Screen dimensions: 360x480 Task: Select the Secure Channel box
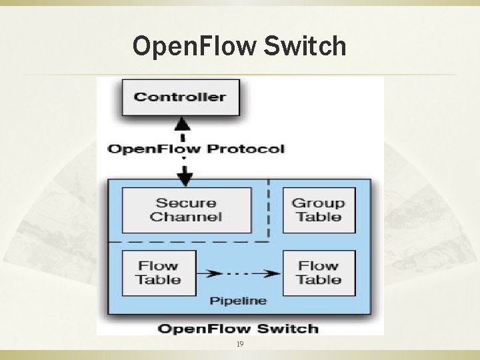(x=186, y=210)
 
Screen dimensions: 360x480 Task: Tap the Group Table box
(x=319, y=210)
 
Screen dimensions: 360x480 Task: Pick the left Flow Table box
(x=159, y=273)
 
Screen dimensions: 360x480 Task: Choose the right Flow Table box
(x=319, y=273)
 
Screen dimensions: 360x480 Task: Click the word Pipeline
(x=238, y=301)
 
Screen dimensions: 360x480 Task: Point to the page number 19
(x=239, y=344)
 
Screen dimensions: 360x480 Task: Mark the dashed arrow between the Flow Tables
(x=240, y=273)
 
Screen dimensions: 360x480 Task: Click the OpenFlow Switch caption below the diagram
(x=237, y=328)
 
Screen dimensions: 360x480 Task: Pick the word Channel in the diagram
(x=186, y=217)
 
